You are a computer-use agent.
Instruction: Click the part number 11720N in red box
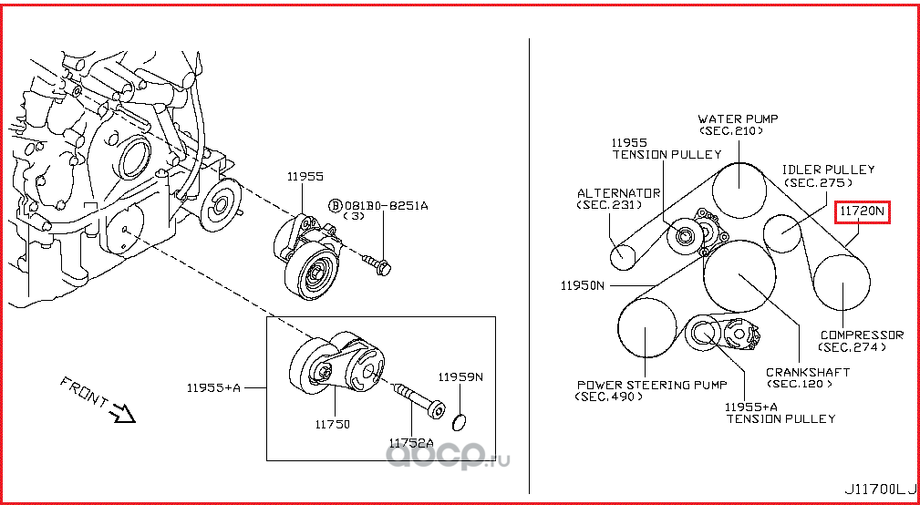[x=863, y=211]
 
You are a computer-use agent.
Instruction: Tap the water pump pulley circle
[x=738, y=189]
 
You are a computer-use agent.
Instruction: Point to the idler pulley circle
[x=781, y=232]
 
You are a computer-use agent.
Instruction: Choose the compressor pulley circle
[x=842, y=283]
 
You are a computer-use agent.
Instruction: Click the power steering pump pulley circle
[x=646, y=327]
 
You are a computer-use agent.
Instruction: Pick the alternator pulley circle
[x=622, y=256]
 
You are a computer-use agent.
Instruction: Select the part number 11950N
[x=583, y=285]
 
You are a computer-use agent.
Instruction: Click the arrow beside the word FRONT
[x=121, y=415]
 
